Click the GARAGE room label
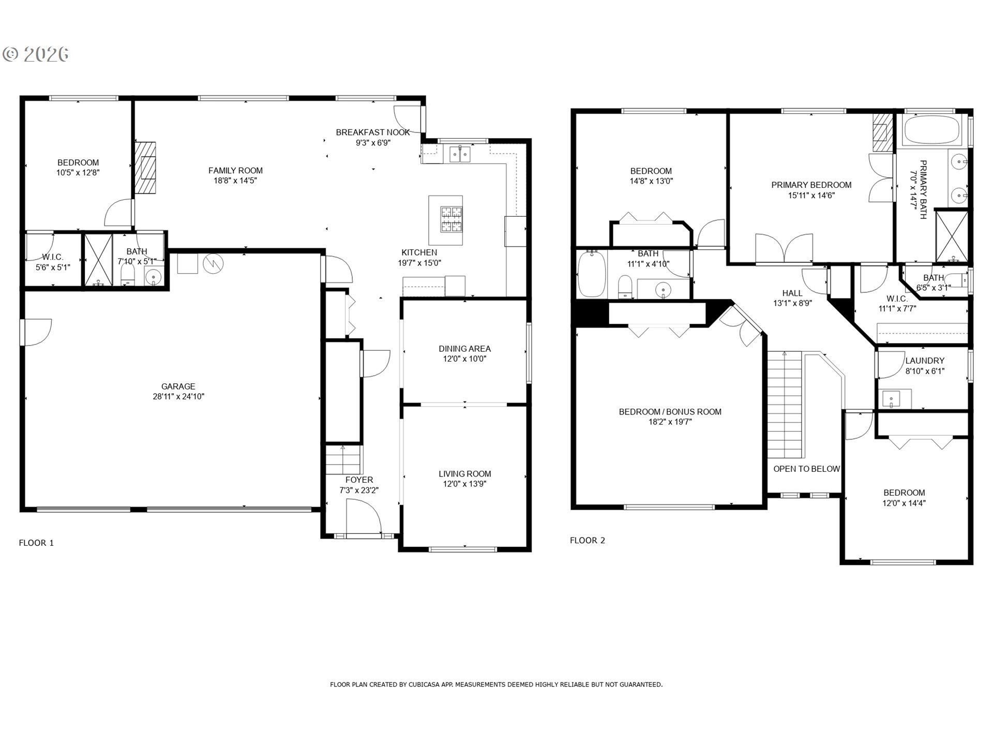coord(178,386)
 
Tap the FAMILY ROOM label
coord(235,170)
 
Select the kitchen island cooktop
coord(451,219)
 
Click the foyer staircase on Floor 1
coord(343,459)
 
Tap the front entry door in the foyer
coord(364,519)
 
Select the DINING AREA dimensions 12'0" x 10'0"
coord(464,359)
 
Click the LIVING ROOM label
coord(465,474)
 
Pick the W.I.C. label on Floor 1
coord(53,257)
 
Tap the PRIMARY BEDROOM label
coord(811,185)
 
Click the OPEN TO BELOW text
coord(806,469)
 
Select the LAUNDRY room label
coord(925,361)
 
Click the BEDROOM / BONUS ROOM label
coord(670,412)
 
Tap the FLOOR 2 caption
coord(588,540)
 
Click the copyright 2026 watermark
coord(36,54)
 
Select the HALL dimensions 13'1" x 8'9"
coord(792,303)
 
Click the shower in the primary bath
coord(952,235)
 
